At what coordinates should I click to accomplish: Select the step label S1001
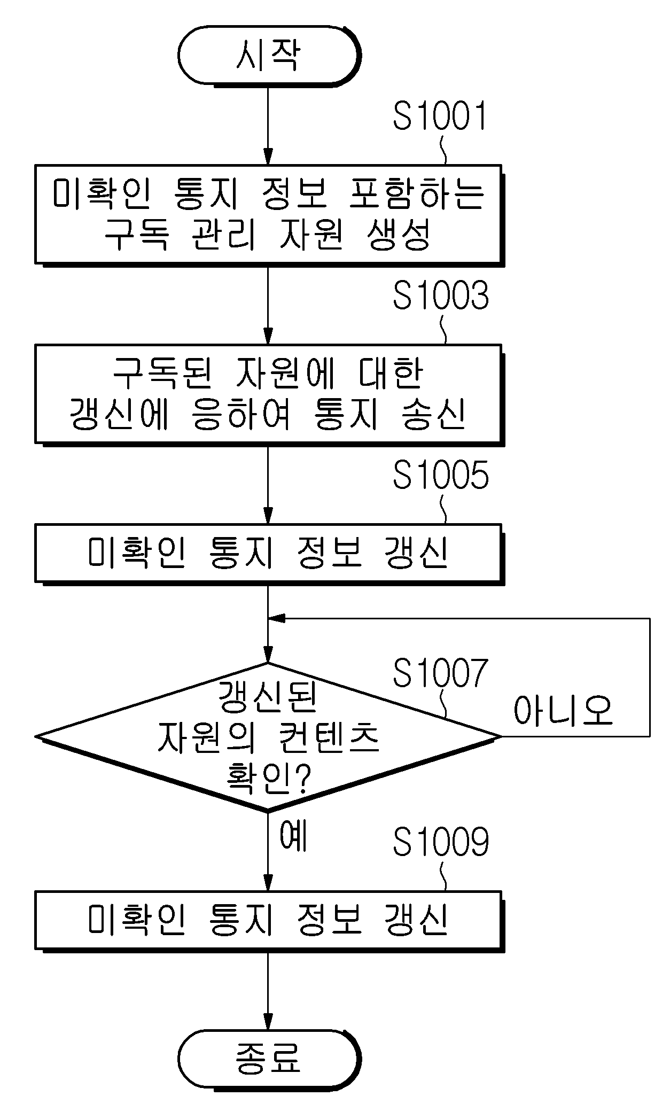pyautogui.click(x=441, y=117)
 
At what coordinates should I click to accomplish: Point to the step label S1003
pyautogui.click(x=441, y=296)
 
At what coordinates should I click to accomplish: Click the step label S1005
pyautogui.click(x=441, y=476)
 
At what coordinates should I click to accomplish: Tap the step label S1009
pyautogui.click(x=441, y=843)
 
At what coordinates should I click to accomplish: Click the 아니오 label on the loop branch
pyautogui.click(x=563, y=711)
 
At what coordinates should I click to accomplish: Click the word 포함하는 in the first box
pyautogui.click(x=416, y=193)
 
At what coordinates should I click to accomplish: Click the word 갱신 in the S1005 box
pyautogui.click(x=416, y=552)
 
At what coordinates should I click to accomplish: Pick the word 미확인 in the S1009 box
pyautogui.click(x=137, y=919)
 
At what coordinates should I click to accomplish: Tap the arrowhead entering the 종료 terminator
pyautogui.click(x=268, y=1020)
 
